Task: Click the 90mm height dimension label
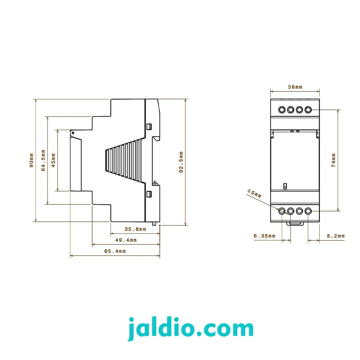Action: (x=31, y=160)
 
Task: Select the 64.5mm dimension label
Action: (x=43, y=160)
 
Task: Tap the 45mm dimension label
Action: (x=53, y=160)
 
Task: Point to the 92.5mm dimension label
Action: (x=181, y=162)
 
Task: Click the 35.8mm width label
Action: (x=135, y=229)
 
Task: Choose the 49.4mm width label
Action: (x=126, y=240)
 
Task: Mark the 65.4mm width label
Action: (x=115, y=251)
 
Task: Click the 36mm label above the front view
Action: (x=295, y=87)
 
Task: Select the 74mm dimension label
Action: (x=334, y=160)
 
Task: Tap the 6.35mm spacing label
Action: (x=265, y=236)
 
